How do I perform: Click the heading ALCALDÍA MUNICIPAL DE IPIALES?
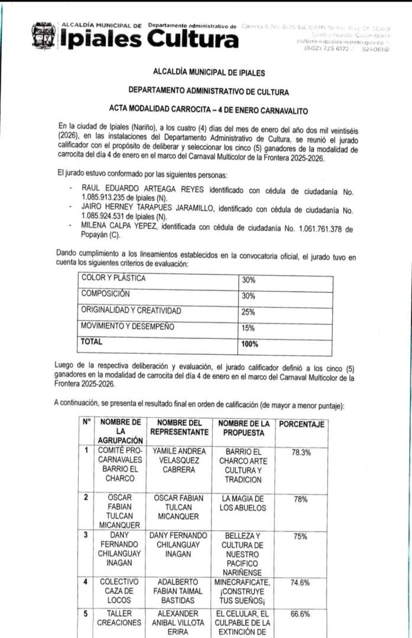coord(209,73)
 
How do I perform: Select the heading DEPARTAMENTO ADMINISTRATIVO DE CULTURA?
coord(209,92)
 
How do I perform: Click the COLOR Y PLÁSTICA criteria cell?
coord(113,278)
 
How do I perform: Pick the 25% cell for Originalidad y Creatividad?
coord(248,311)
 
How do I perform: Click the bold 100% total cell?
coord(250,343)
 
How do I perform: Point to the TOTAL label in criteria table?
coord(92,341)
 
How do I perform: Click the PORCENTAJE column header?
coord(302,424)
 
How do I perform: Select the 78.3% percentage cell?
coord(301,452)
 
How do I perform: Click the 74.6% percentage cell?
coord(301,582)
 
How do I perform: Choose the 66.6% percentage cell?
coord(301,614)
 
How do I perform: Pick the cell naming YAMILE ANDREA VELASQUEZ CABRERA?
coord(179,460)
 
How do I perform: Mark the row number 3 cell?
coord(86,535)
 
